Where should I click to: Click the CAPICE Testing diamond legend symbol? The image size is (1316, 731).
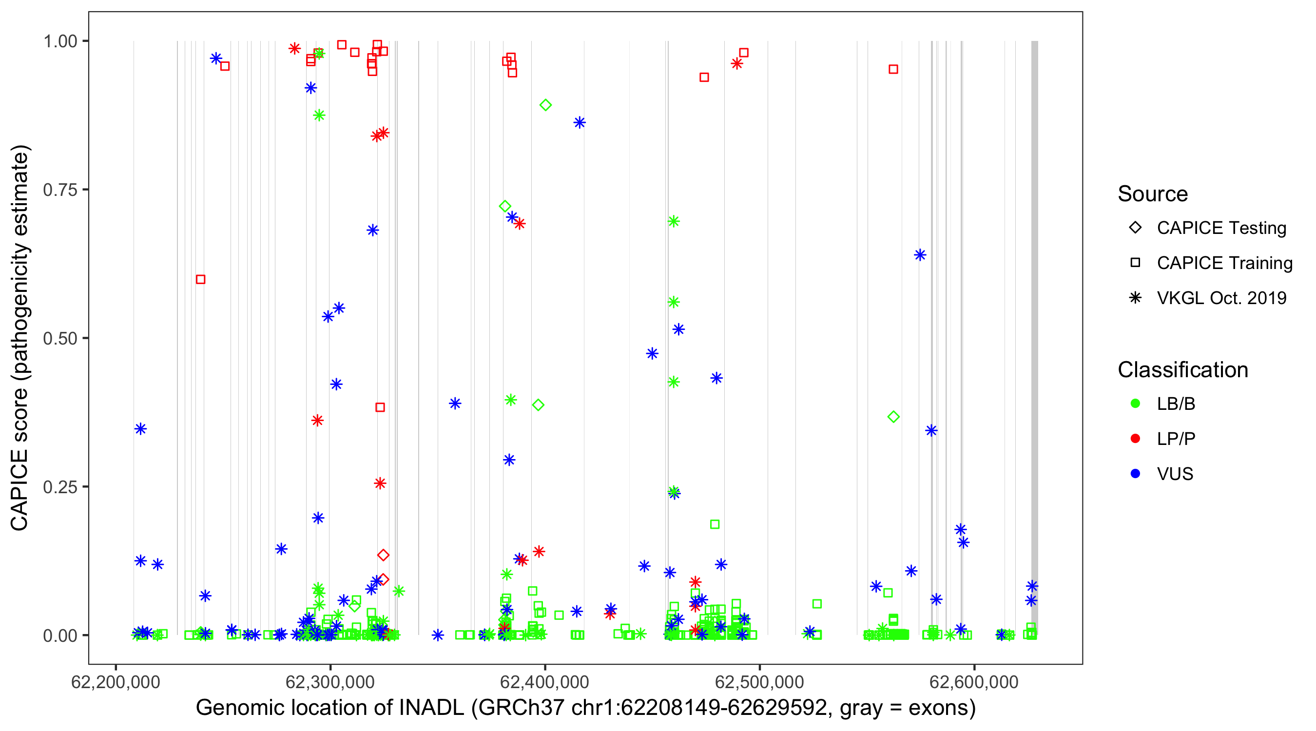tap(1135, 227)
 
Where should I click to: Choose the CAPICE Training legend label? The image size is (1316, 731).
tap(1224, 263)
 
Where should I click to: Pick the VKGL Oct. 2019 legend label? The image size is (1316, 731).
tap(1221, 298)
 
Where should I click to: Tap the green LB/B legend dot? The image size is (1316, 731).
tap(1135, 404)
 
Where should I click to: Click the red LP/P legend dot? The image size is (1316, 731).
tap(1135, 439)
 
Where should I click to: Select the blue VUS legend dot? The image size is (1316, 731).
tap(1135, 474)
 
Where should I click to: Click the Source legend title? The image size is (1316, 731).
tap(1152, 194)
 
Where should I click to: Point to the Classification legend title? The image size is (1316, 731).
tap(1182, 370)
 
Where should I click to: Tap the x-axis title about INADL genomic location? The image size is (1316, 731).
tap(585, 708)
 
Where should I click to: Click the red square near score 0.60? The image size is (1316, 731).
tap(201, 279)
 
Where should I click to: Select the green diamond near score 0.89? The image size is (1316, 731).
tap(545, 105)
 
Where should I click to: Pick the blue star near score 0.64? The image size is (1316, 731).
tap(920, 255)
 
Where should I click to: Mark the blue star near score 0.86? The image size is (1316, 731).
tap(580, 123)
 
